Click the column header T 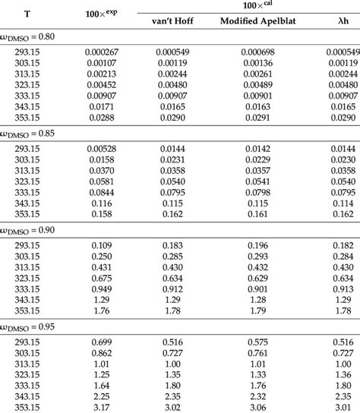tap(28, 14)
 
